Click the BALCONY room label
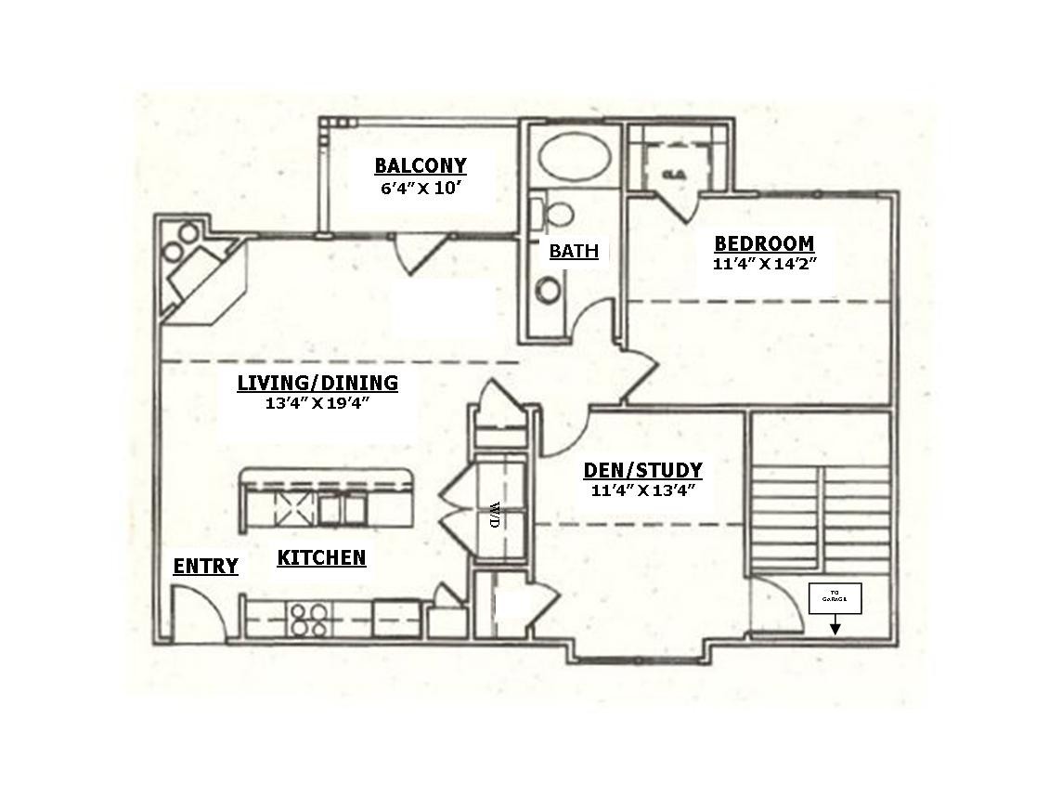[421, 165]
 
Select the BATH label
[573, 251]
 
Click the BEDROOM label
[763, 243]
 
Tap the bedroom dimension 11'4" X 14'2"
[763, 263]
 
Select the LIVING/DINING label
[317, 383]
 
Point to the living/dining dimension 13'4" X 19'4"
[317, 402]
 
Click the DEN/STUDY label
[642, 470]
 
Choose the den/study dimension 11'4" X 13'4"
[642, 490]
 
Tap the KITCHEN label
[321, 558]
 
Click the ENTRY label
[205, 566]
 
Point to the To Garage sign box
[835, 598]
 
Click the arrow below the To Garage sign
[835, 627]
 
